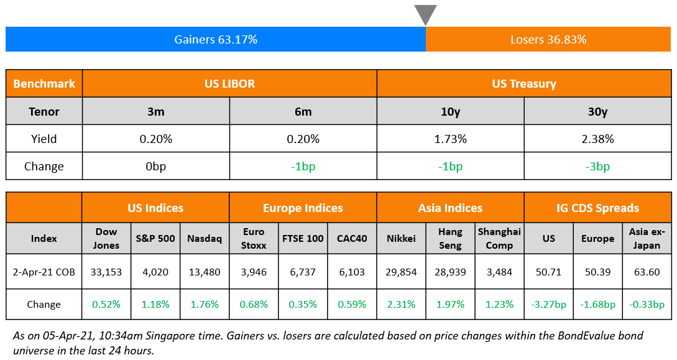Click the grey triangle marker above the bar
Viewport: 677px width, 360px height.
(x=425, y=14)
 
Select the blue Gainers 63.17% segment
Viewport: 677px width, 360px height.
(x=215, y=40)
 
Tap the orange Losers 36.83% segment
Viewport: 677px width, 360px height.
(x=548, y=40)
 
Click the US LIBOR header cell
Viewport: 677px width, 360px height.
(x=229, y=83)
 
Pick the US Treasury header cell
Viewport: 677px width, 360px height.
(x=523, y=83)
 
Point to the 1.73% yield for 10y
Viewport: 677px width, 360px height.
(x=450, y=139)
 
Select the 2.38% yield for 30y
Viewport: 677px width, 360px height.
(x=597, y=139)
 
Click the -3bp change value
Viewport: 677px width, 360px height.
(x=597, y=167)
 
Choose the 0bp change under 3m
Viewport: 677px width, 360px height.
(x=155, y=167)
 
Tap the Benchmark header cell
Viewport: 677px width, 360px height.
(x=44, y=83)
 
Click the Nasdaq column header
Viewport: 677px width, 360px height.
(x=205, y=238)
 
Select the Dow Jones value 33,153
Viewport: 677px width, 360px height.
(x=106, y=272)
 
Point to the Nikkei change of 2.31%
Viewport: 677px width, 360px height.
(x=401, y=304)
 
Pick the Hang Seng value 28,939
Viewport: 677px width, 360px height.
(x=450, y=272)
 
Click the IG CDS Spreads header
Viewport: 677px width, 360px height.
(x=597, y=208)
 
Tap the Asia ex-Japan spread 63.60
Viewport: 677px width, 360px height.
(x=647, y=272)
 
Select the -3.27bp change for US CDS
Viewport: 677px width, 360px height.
(x=548, y=304)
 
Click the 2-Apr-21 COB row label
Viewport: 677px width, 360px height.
(x=44, y=272)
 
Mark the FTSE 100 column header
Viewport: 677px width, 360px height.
(x=303, y=238)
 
